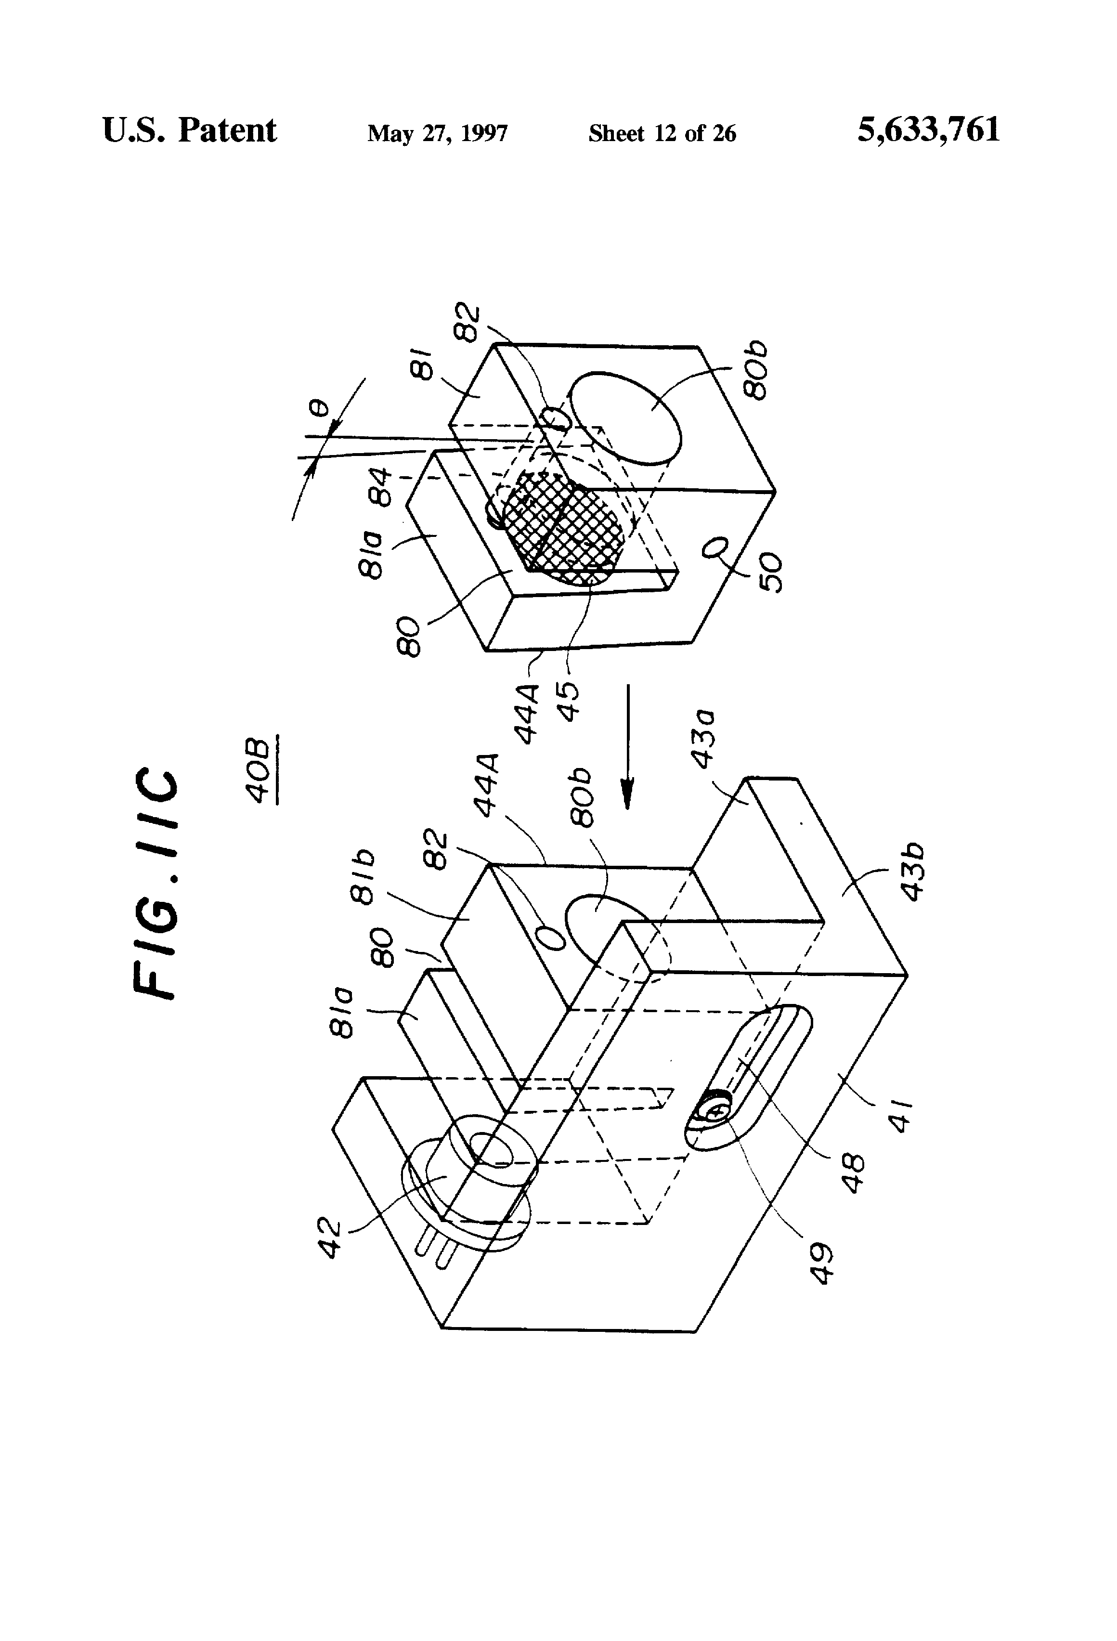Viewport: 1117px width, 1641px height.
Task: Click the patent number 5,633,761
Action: (928, 130)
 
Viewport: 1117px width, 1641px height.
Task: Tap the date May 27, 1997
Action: (437, 133)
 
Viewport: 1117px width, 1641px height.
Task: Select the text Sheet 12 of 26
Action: (662, 133)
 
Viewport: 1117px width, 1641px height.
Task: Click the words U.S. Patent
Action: (189, 130)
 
